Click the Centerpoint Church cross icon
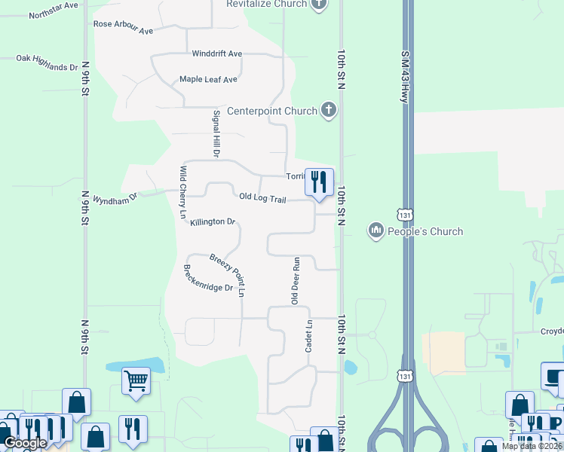pyautogui.click(x=328, y=111)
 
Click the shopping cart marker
pyautogui.click(x=135, y=380)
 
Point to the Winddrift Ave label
pyautogui.click(x=216, y=53)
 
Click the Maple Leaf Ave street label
pyautogui.click(x=208, y=79)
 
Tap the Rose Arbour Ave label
pyautogui.click(x=123, y=27)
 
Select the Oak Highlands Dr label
pyautogui.click(x=48, y=62)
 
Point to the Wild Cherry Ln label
pyautogui.click(x=182, y=192)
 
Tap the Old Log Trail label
pyautogui.click(x=262, y=197)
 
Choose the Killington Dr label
pyautogui.click(x=213, y=221)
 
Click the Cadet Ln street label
pyautogui.click(x=308, y=336)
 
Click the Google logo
pyautogui.click(x=25, y=443)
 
